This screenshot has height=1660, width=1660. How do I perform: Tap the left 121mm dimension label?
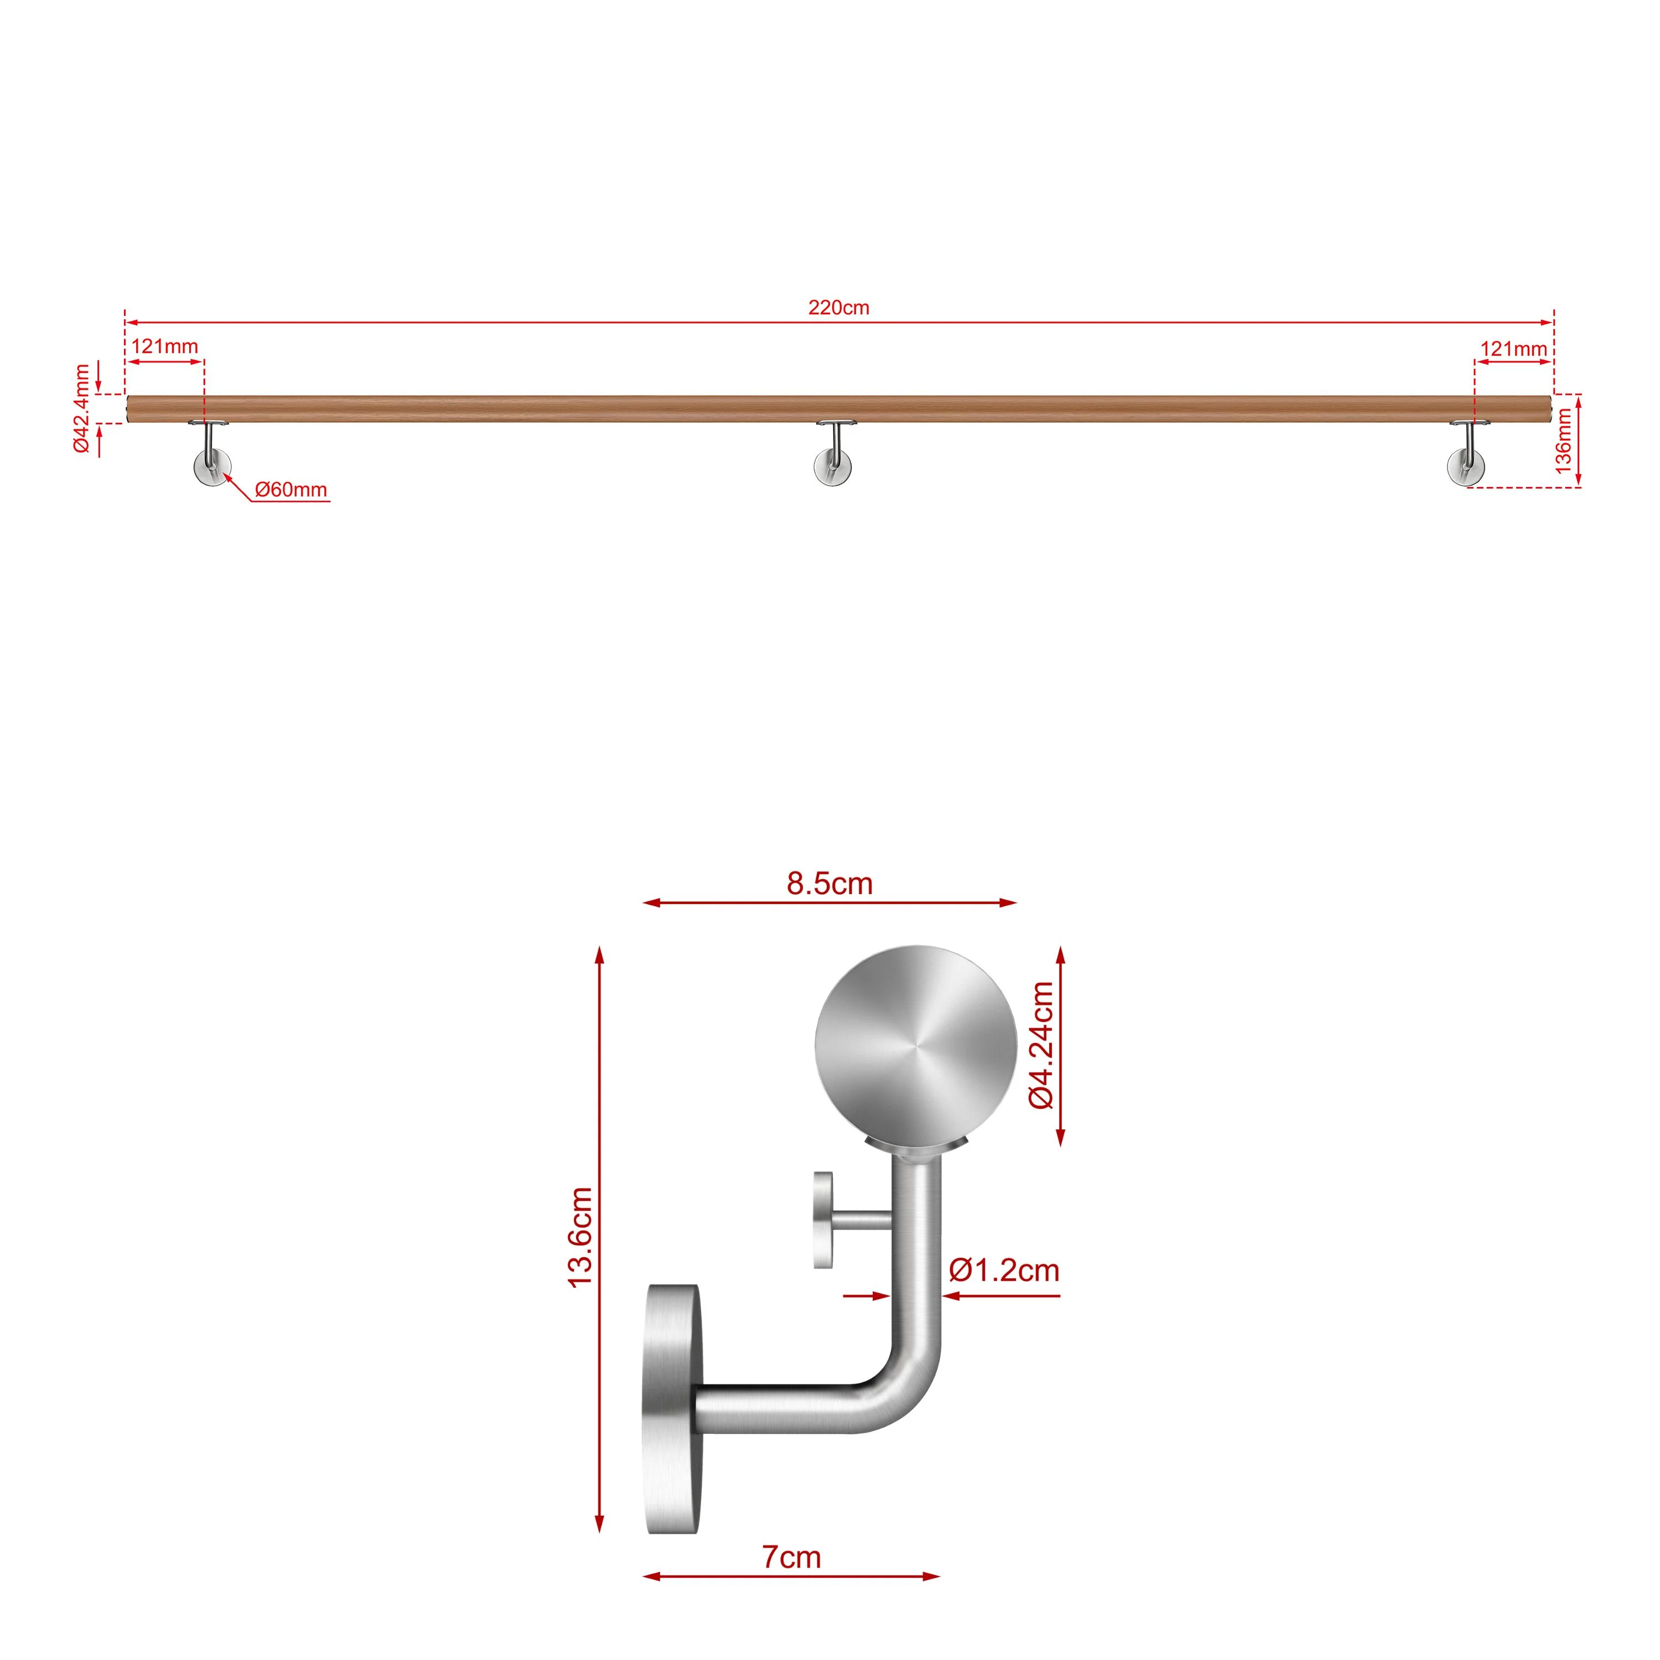click(x=165, y=347)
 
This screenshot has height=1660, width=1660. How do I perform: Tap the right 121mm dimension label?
click(x=1514, y=349)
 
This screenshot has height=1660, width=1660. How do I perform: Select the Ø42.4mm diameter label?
click(x=82, y=408)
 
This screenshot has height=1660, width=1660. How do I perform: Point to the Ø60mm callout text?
click(x=291, y=490)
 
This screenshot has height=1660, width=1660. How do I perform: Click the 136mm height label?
click(x=1564, y=441)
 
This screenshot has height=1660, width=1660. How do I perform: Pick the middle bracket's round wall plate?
click(x=833, y=468)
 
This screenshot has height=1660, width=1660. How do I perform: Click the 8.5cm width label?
click(x=829, y=883)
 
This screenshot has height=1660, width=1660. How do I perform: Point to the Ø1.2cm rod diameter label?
click(x=1004, y=1270)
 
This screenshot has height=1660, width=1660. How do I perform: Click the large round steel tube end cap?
click(x=915, y=1047)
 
